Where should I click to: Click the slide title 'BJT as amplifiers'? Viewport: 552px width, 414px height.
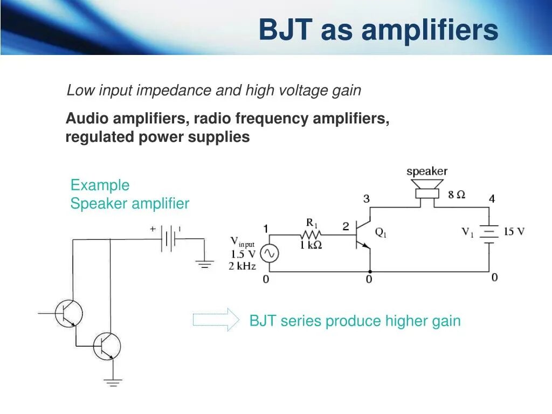[378, 30]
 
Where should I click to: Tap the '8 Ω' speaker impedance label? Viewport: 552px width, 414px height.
[456, 195]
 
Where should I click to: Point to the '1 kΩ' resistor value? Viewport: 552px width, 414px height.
[311, 245]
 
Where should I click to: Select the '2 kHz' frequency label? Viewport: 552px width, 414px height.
[242, 266]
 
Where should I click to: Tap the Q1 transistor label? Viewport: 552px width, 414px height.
[381, 233]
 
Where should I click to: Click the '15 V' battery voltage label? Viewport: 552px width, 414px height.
[514, 232]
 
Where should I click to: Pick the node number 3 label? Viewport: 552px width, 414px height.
[367, 199]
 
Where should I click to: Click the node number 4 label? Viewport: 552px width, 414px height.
[492, 199]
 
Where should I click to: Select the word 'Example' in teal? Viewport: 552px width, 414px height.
[100, 185]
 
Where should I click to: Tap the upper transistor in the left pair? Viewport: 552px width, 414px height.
[69, 313]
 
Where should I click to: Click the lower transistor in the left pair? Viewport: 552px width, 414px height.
[107, 346]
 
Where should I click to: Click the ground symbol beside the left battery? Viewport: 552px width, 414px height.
[204, 264]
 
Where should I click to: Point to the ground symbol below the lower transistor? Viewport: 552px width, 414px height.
[113, 383]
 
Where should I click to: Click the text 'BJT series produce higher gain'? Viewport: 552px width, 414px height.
[355, 321]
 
